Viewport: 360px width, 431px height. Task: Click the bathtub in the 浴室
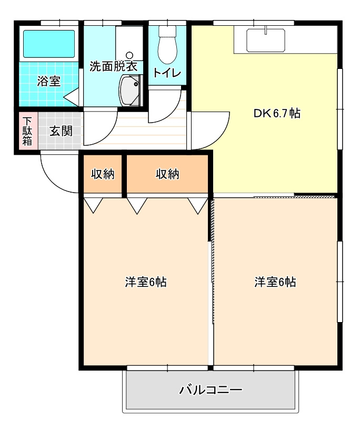[49, 44]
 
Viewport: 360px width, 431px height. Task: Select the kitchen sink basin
[266, 41]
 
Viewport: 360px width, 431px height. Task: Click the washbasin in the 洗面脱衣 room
[129, 90]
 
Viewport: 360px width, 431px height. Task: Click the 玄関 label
[61, 131]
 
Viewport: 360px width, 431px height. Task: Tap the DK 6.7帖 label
[277, 113]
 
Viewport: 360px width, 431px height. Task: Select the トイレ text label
[167, 73]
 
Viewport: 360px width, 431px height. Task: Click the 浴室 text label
[49, 81]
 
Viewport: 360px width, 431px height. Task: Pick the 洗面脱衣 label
[114, 66]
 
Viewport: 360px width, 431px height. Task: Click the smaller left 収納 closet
[103, 174]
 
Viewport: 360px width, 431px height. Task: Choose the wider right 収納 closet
[167, 174]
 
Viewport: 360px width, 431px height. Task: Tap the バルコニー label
[211, 390]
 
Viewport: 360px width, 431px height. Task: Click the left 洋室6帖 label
[146, 282]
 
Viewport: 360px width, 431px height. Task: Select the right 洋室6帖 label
[275, 282]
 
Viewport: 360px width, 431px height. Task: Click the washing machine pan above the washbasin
[129, 43]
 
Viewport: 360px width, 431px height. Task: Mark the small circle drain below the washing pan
[129, 55]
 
